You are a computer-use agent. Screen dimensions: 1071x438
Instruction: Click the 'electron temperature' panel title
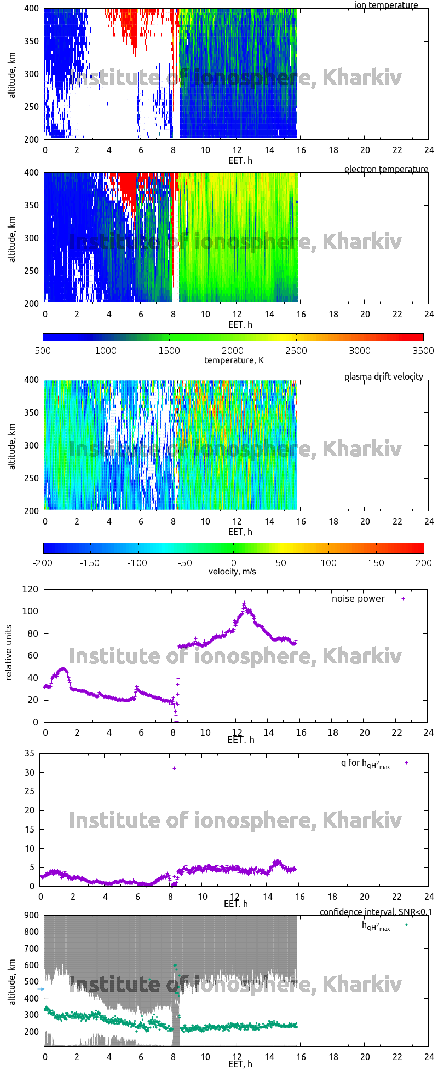point(386,169)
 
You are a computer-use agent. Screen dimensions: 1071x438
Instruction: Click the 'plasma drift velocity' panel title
point(383,376)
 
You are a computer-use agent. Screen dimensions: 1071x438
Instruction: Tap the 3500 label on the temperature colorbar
point(423,351)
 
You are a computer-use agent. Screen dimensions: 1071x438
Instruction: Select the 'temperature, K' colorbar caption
point(234,360)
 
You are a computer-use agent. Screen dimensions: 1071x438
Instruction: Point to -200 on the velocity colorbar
point(43,562)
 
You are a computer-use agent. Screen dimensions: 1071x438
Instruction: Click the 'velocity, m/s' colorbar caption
point(232,572)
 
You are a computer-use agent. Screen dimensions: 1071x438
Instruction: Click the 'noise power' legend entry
point(358,598)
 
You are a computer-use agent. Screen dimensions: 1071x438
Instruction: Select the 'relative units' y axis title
point(9,655)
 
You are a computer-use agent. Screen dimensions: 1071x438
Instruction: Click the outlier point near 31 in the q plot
point(174,768)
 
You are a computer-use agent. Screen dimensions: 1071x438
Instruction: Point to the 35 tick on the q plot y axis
point(29,753)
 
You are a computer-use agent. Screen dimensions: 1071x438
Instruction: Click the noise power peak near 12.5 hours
point(244,603)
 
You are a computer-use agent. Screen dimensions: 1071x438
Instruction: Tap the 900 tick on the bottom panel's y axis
point(31,915)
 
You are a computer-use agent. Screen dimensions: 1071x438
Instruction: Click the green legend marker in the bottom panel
point(406,924)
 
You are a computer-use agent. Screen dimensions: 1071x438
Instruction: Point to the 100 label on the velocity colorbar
point(328,562)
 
